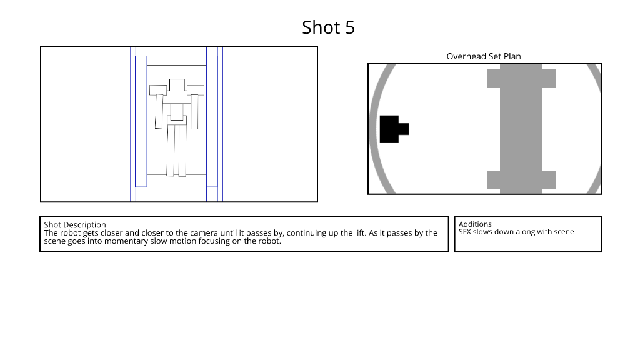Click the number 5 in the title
pyautogui.click(x=350, y=27)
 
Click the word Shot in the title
pyautogui.click(x=321, y=27)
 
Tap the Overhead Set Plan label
pyautogui.click(x=484, y=56)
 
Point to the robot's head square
pyautogui.click(x=177, y=85)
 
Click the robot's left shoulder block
pyautogui.click(x=158, y=90)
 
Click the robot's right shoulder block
pyautogui.click(x=196, y=90)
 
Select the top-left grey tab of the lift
pyautogui.click(x=494, y=79)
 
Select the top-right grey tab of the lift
pyautogui.click(x=549, y=79)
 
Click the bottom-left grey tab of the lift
pyautogui.click(x=494, y=180)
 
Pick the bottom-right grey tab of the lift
pyautogui.click(x=549, y=180)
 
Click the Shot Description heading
pyautogui.click(x=75, y=225)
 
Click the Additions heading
pyautogui.click(x=475, y=224)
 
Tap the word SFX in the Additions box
pyautogui.click(x=465, y=232)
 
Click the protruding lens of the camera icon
pyautogui.click(x=404, y=129)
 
